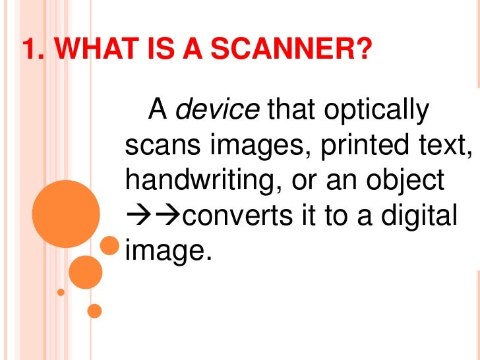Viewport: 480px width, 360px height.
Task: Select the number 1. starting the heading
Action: [x=32, y=49]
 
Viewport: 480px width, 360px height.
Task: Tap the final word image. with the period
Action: [x=165, y=250]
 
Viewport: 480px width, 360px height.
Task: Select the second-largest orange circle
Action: [x=85, y=272]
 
